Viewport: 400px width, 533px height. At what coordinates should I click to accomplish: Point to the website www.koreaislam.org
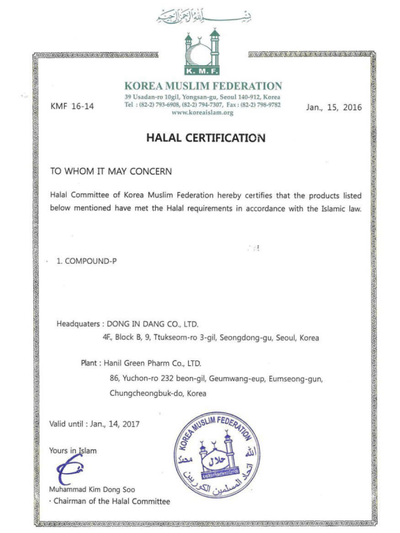[202, 113]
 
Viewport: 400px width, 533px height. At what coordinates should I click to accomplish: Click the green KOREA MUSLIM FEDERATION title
[203, 86]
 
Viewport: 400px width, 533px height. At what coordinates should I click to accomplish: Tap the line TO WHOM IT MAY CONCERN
[111, 171]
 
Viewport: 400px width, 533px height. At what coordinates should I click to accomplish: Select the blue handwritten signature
[70, 471]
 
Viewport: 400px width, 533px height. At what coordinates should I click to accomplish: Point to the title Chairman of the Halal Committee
[111, 501]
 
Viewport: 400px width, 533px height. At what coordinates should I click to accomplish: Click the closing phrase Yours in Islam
[73, 450]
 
